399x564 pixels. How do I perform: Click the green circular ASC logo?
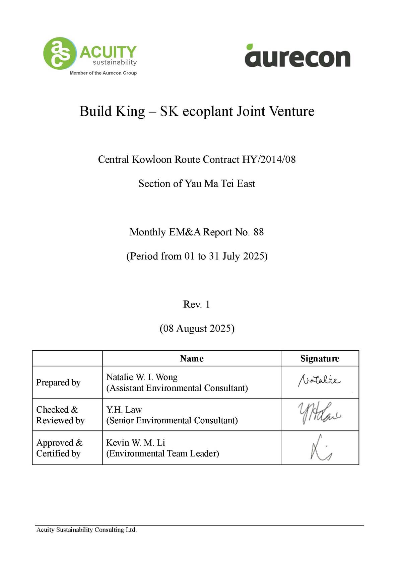[x=60, y=53]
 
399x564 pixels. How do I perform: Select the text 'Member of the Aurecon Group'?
[x=103, y=73]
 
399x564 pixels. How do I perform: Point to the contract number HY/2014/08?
[x=269, y=159]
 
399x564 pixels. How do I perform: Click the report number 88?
[x=259, y=232]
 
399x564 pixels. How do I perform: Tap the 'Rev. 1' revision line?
[x=196, y=304]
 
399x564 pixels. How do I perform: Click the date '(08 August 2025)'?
[x=197, y=328]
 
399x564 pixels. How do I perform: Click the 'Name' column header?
[x=192, y=359]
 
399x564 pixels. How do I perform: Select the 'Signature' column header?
[x=320, y=359]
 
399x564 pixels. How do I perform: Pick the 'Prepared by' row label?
[x=58, y=382]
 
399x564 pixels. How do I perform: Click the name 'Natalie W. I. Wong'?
[x=142, y=377]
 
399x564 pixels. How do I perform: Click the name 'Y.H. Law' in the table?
[x=124, y=410]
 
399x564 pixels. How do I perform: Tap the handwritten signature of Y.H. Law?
[x=319, y=413]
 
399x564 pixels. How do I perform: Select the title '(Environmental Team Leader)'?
[x=162, y=453]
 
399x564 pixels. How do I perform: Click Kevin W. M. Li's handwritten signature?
[x=320, y=448]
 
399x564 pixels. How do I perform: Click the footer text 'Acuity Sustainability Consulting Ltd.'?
[x=86, y=530]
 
